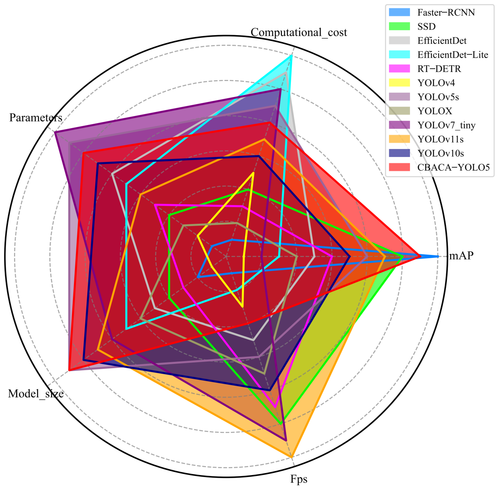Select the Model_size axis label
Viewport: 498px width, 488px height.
36,394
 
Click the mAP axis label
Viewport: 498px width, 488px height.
461,256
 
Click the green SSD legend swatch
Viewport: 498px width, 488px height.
399,26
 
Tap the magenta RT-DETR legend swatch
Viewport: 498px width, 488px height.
399,69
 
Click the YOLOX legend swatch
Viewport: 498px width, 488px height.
399,111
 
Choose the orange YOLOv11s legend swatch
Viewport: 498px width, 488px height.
399,139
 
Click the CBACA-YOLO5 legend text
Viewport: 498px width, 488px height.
453,168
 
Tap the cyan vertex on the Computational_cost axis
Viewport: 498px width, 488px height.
291,56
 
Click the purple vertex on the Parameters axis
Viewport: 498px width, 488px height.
55,132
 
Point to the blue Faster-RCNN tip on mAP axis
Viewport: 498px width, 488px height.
438,256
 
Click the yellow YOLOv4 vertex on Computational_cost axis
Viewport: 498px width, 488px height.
253,173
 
